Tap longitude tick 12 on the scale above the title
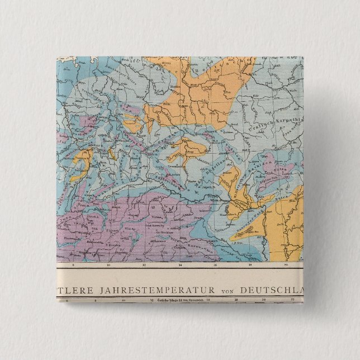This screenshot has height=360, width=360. (x=144, y=266)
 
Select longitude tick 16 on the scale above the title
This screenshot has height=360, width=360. (x=215, y=266)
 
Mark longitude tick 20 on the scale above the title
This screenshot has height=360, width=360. (x=286, y=266)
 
